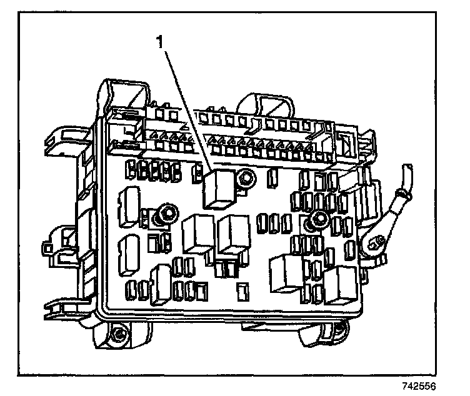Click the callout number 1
(161, 42)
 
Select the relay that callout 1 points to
(218, 187)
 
